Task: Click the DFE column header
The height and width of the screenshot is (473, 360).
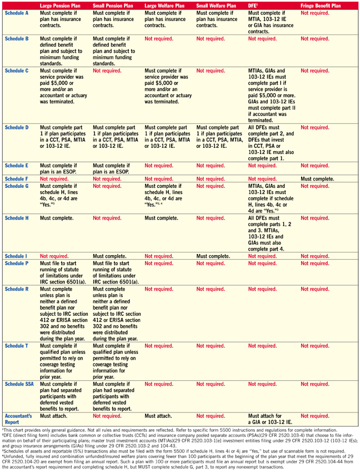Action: tap(253, 5)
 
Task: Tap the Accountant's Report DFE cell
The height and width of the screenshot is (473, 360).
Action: tap(269, 418)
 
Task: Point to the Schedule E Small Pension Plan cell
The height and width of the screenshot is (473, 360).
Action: tap(111, 169)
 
